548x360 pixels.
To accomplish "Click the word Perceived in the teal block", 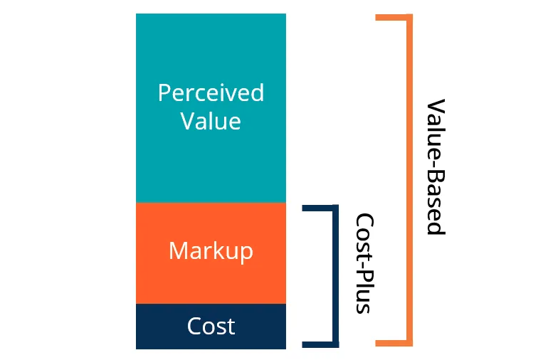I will [211, 93].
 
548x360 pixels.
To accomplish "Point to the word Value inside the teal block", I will [211, 121].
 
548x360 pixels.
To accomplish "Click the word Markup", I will [211, 251].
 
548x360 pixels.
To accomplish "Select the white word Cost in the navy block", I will [211, 327].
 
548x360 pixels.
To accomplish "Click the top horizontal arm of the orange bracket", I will [394, 17].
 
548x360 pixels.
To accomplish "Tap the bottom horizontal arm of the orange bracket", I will [394, 344].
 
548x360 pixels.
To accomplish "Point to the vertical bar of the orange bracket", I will [409, 178].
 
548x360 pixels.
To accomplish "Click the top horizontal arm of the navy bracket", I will [319, 208].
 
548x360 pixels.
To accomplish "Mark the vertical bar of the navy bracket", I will [335, 277].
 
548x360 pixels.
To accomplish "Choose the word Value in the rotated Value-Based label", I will [436, 125].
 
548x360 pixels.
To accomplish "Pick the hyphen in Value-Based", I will [434, 158].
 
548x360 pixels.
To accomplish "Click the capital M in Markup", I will [178, 251].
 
